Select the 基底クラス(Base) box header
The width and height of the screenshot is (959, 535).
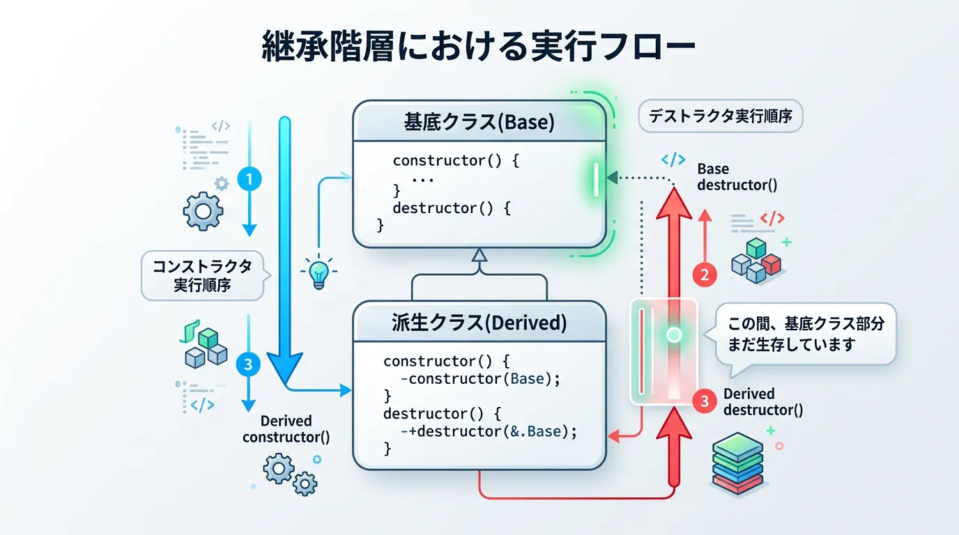click(479, 123)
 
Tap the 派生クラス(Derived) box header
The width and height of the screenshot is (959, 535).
click(479, 323)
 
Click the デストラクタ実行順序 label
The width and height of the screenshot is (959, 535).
click(721, 116)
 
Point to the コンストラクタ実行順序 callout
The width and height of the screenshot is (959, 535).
click(202, 275)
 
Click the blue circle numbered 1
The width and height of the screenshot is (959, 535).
click(249, 180)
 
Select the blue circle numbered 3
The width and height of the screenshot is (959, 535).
click(249, 364)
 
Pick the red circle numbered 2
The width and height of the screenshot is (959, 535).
click(705, 274)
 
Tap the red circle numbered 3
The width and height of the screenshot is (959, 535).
click(705, 401)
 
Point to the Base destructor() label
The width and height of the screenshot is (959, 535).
click(737, 177)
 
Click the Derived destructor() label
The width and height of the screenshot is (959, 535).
click(763, 402)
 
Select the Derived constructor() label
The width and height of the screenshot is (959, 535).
click(286, 429)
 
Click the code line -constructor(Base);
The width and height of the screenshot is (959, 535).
click(481, 380)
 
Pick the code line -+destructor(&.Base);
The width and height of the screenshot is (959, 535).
click(489, 431)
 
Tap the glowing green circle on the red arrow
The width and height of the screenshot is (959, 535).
click(674, 335)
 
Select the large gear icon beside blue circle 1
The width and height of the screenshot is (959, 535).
click(202, 211)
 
